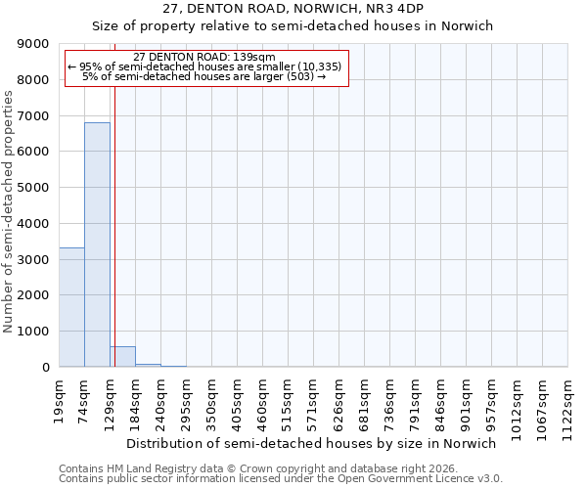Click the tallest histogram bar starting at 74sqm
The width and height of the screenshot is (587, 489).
click(x=97, y=244)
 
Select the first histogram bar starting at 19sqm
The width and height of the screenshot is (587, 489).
click(x=71, y=307)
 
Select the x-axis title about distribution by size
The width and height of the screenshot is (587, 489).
click(x=311, y=444)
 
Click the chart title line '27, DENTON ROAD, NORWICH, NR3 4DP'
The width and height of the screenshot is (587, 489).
click(x=293, y=9)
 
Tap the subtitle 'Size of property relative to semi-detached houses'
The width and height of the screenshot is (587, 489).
click(x=293, y=26)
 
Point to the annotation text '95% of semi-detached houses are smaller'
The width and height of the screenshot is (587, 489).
click(x=204, y=67)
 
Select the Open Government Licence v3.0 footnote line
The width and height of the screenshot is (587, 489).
click(x=281, y=479)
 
